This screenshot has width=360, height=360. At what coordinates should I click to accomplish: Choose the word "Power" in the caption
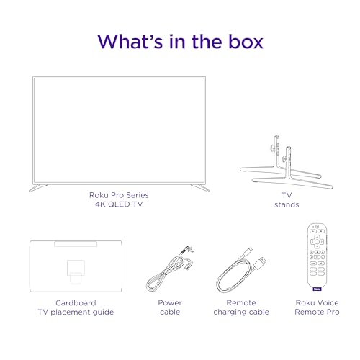point(170,303)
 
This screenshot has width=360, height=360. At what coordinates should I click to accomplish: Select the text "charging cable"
point(242,312)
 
